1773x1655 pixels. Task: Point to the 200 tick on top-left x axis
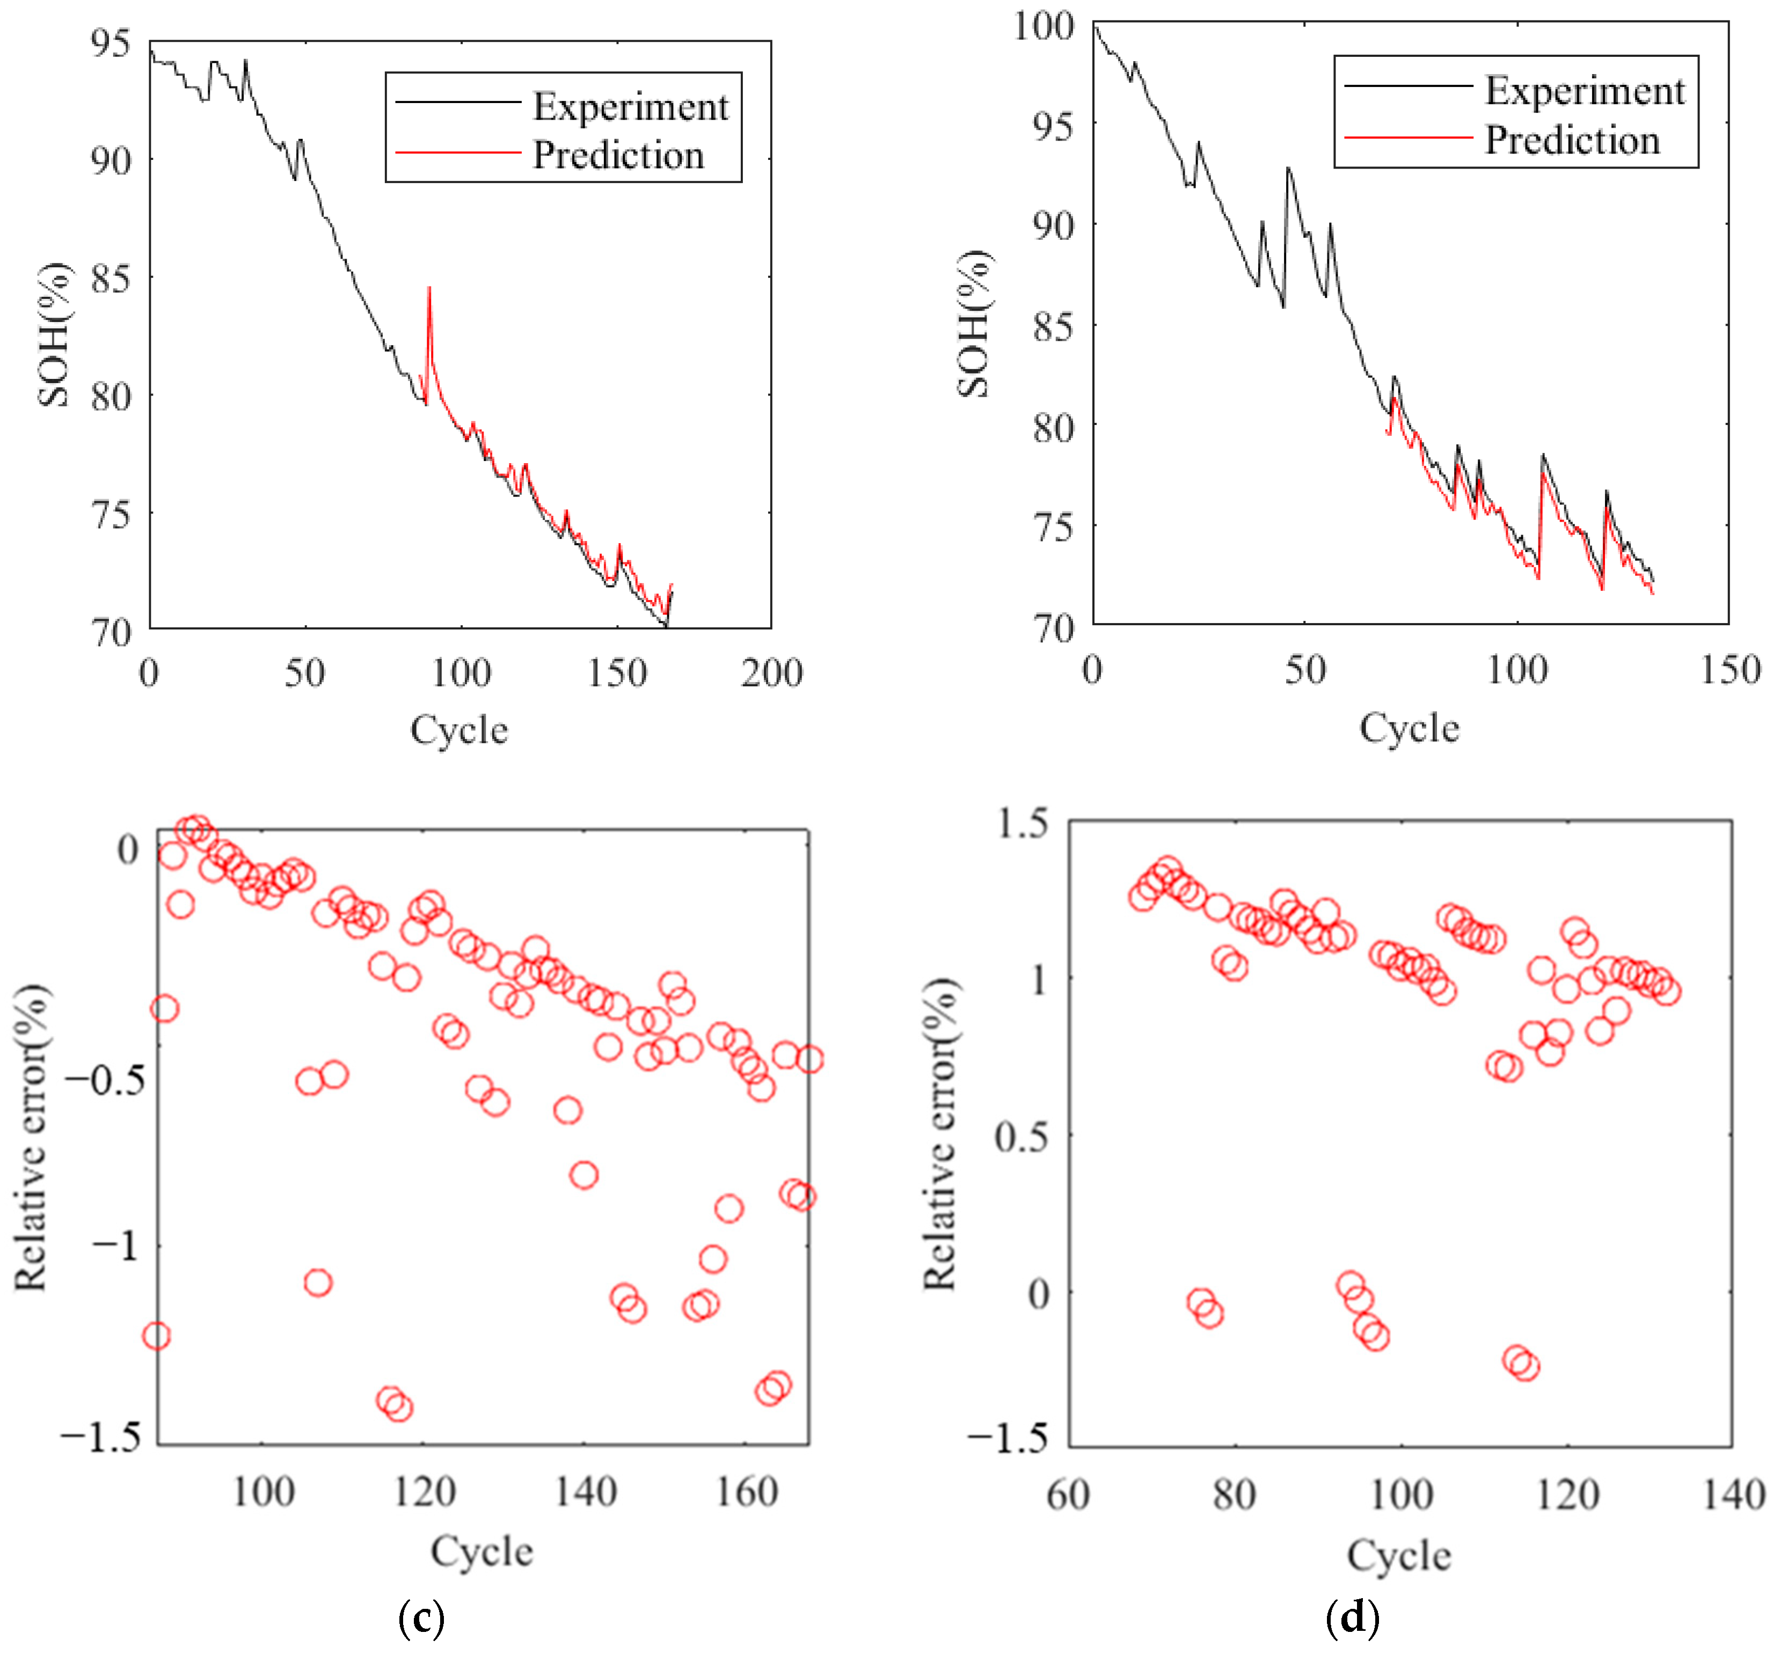(x=771, y=673)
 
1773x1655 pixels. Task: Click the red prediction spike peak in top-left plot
(x=429, y=288)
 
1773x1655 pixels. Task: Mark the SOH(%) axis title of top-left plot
(x=54, y=334)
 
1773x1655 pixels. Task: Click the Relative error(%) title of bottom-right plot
(x=939, y=1134)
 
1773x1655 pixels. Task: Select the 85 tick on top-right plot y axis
(x=1053, y=326)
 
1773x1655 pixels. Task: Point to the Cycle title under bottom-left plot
(x=481, y=1551)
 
